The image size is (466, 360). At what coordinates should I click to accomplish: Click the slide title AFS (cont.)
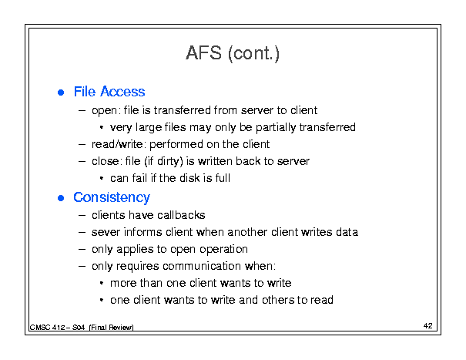coord(233,53)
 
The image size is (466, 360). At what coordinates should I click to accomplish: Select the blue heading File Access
coord(109,92)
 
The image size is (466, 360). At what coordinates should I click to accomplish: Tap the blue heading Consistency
coord(112,198)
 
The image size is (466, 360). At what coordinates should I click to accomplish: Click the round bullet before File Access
coord(61,93)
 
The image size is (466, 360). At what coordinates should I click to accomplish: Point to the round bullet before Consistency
coord(61,198)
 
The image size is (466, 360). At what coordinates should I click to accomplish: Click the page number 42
coord(428,326)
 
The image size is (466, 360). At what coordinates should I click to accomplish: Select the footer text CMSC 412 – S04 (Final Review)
coord(82,328)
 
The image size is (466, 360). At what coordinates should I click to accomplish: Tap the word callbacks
coord(181,215)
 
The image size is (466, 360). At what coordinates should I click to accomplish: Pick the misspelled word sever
coord(106,232)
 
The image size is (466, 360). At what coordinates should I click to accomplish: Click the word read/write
coord(117,144)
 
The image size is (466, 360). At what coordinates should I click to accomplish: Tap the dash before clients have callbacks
coord(82,215)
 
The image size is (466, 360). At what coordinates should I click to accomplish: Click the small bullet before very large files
coord(102,128)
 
